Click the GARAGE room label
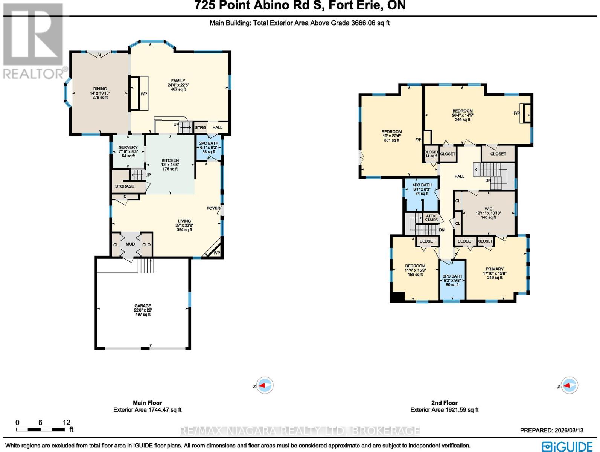(143, 306)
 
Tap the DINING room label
(100, 89)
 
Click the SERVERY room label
(128, 148)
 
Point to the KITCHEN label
(170, 161)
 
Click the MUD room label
(130, 244)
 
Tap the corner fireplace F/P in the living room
(216, 252)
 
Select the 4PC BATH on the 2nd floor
(422, 185)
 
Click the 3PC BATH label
(452, 276)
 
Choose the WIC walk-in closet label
(488, 209)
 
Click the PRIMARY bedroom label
(494, 269)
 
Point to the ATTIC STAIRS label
(431, 218)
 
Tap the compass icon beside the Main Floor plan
(265, 386)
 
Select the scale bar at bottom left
(40, 429)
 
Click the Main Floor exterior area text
(147, 409)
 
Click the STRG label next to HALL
(200, 128)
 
